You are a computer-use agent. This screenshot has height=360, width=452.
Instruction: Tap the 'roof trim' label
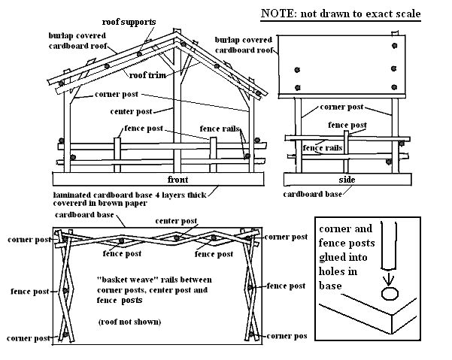(x=147, y=75)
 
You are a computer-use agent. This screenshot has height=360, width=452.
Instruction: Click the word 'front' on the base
(x=178, y=180)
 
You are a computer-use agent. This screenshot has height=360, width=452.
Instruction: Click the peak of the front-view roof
(x=176, y=38)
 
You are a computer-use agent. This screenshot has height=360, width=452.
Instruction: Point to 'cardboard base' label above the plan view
(x=88, y=215)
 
